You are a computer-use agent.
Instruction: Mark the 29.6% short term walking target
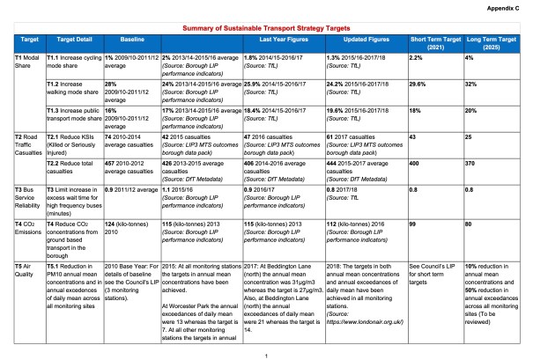point(418,84)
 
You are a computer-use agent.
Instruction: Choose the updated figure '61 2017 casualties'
point(356,138)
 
